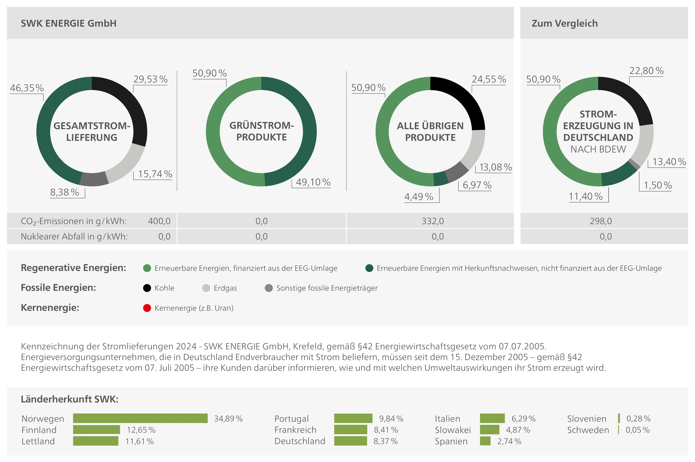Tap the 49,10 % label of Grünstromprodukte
[313, 182]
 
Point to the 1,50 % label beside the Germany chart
[658, 185]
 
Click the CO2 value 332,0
[432, 221]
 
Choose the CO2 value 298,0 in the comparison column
[600, 221]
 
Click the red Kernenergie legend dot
[147, 308]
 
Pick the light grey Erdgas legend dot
[206, 288]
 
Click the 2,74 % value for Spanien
[509, 441]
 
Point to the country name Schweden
[588, 430]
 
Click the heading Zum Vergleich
[564, 23]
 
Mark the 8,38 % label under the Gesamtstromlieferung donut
[64, 192]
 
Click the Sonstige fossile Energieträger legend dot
[269, 288]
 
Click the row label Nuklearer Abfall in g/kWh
[74, 236]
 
